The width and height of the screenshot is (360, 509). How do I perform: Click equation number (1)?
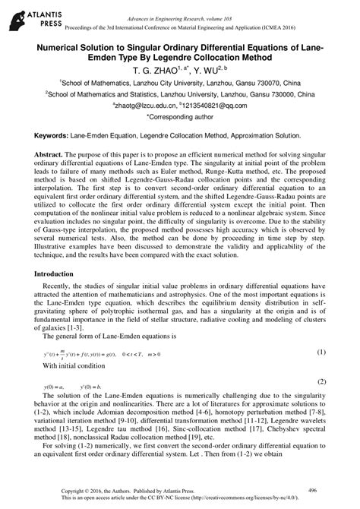[321, 353]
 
